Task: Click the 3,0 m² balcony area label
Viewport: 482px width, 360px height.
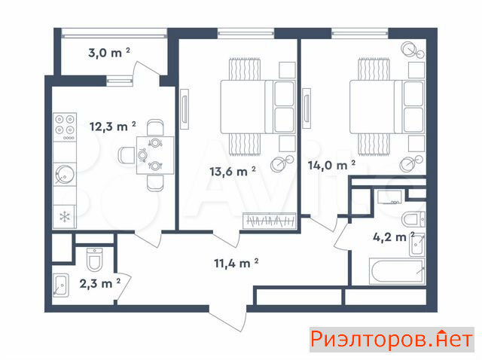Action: coord(109,53)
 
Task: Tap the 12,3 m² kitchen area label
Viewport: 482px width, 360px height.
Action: coord(112,126)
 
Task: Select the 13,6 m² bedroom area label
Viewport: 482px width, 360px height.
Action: coord(233,171)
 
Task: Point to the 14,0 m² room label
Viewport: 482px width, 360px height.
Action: coord(331,165)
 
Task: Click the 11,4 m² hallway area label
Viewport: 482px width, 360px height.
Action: coord(236,263)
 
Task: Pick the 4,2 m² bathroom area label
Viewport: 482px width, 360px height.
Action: coord(394,237)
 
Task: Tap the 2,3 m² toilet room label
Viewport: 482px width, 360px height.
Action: coord(100,283)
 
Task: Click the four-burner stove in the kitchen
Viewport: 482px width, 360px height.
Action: coord(65,127)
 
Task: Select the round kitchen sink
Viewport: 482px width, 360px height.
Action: coord(65,174)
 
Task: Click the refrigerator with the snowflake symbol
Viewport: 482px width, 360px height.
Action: coord(65,217)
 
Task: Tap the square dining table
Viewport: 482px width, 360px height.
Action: coord(155,155)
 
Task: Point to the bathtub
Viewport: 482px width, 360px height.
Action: coord(397,271)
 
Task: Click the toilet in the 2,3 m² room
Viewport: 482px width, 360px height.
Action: coord(94,260)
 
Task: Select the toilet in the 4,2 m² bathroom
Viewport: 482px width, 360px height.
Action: coord(413,219)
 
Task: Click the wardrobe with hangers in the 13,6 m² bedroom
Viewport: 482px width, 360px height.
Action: coord(270,221)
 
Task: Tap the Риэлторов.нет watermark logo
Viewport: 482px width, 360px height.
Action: coord(392,340)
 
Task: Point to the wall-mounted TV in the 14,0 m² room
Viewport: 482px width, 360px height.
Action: coord(307,108)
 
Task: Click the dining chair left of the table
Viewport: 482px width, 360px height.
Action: coord(127,155)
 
